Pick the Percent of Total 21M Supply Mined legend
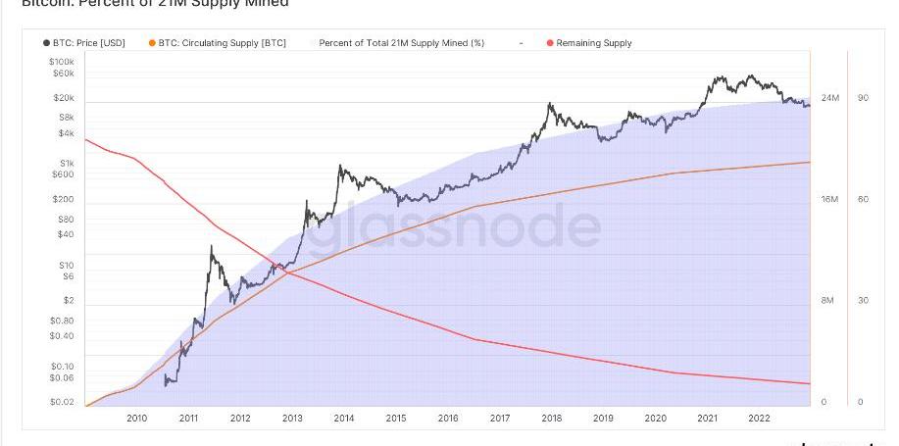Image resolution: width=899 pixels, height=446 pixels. click(401, 43)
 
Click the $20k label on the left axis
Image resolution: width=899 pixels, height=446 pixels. click(63, 98)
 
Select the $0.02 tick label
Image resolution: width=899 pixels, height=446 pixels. click(62, 402)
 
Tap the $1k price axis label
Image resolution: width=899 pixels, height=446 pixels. click(66, 163)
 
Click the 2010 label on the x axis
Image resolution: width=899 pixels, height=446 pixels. click(136, 419)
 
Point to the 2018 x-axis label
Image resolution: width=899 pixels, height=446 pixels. click(551, 419)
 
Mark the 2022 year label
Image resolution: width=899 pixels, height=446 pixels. click(759, 419)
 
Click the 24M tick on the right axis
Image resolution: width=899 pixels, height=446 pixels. click(829, 99)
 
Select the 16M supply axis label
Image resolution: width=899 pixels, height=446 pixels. click(829, 200)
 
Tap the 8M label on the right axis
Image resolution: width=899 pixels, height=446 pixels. click(827, 301)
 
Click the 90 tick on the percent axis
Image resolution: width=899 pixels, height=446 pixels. click(863, 99)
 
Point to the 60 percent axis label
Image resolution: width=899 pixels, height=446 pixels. click(863, 200)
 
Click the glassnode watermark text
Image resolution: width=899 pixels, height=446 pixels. click(453, 227)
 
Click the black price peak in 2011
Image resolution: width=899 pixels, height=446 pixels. click(212, 247)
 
